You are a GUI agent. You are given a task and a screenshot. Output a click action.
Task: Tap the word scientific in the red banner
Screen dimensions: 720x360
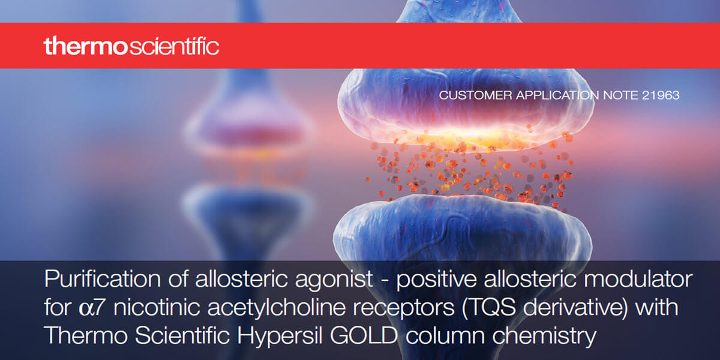(x=174, y=46)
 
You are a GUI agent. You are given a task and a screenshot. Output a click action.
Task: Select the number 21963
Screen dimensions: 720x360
(x=661, y=95)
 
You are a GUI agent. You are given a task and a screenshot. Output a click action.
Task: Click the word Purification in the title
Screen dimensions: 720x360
(x=103, y=279)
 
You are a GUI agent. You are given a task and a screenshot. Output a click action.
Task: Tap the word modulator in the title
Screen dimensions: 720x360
(x=638, y=279)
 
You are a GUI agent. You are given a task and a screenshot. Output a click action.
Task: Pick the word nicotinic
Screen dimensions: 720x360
(x=157, y=307)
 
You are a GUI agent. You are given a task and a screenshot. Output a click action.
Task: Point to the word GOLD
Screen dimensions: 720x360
(x=364, y=335)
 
